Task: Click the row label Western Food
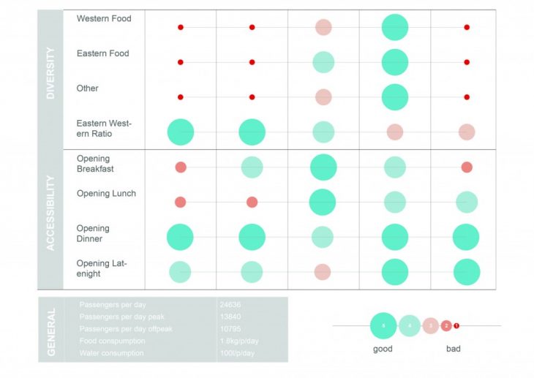(x=104, y=18)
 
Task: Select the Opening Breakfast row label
(x=94, y=164)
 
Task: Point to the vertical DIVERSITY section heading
(x=50, y=74)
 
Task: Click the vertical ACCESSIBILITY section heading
(x=50, y=213)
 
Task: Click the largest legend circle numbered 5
(x=383, y=325)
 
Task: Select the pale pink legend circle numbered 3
(x=432, y=325)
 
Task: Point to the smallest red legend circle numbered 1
(x=456, y=325)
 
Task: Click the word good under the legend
(x=383, y=349)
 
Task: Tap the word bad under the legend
(x=454, y=349)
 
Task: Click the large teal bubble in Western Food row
(x=395, y=27)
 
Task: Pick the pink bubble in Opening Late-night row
(x=323, y=272)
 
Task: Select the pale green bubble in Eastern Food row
(x=323, y=62)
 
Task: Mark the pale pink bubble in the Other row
(x=323, y=97)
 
